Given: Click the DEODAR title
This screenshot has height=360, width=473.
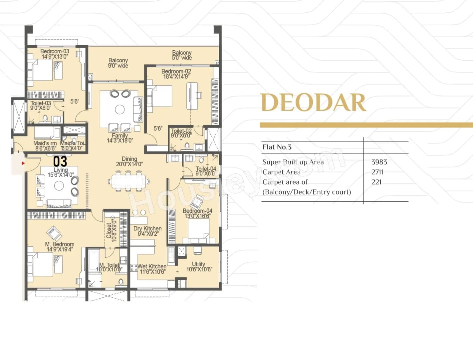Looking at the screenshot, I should click(x=313, y=102).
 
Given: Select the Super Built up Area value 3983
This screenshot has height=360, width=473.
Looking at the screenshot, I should click(x=379, y=162).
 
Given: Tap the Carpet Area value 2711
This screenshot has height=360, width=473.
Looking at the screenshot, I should click(x=377, y=172).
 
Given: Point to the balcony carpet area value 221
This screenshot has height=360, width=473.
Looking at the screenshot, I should click(x=376, y=182).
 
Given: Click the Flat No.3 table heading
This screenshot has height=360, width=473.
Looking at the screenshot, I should click(x=277, y=147).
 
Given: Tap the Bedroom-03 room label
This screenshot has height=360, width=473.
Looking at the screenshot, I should click(x=55, y=51).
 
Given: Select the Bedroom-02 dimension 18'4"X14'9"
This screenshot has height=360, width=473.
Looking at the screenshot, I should click(x=176, y=77).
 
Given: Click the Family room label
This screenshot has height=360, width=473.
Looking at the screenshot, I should click(x=120, y=136).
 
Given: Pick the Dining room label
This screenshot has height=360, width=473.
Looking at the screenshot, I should click(x=129, y=159).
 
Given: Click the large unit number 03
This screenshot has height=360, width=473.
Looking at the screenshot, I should click(x=60, y=162).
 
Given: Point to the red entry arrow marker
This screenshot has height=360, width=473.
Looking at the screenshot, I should click(x=23, y=163).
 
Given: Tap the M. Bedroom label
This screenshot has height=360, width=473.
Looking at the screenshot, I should click(x=60, y=244).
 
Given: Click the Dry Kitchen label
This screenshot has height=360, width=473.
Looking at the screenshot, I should click(x=147, y=228).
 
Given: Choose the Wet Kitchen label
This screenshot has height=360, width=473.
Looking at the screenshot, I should click(x=152, y=266).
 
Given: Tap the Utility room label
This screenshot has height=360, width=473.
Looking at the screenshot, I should click(x=198, y=264).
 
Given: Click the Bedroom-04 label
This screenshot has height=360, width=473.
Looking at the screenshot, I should click(x=197, y=211).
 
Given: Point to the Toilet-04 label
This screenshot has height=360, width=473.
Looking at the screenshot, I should click(x=206, y=169).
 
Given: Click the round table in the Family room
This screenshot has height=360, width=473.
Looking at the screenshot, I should click(x=120, y=109).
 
